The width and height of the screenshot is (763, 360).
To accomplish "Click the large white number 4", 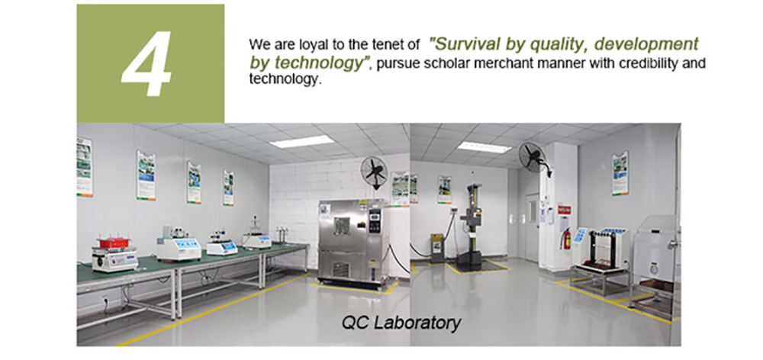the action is tap(146, 63).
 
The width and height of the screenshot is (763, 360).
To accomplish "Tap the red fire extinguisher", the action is tap(566, 239).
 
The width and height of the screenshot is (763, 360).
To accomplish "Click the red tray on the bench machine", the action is tap(113, 243).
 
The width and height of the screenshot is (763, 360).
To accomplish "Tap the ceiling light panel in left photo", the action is tap(301, 141).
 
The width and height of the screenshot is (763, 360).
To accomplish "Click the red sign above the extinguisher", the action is tap(564, 210).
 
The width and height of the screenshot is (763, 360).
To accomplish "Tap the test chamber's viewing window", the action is tap(341, 227).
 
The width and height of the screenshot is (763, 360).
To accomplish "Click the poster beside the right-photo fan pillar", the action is tap(620, 173).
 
